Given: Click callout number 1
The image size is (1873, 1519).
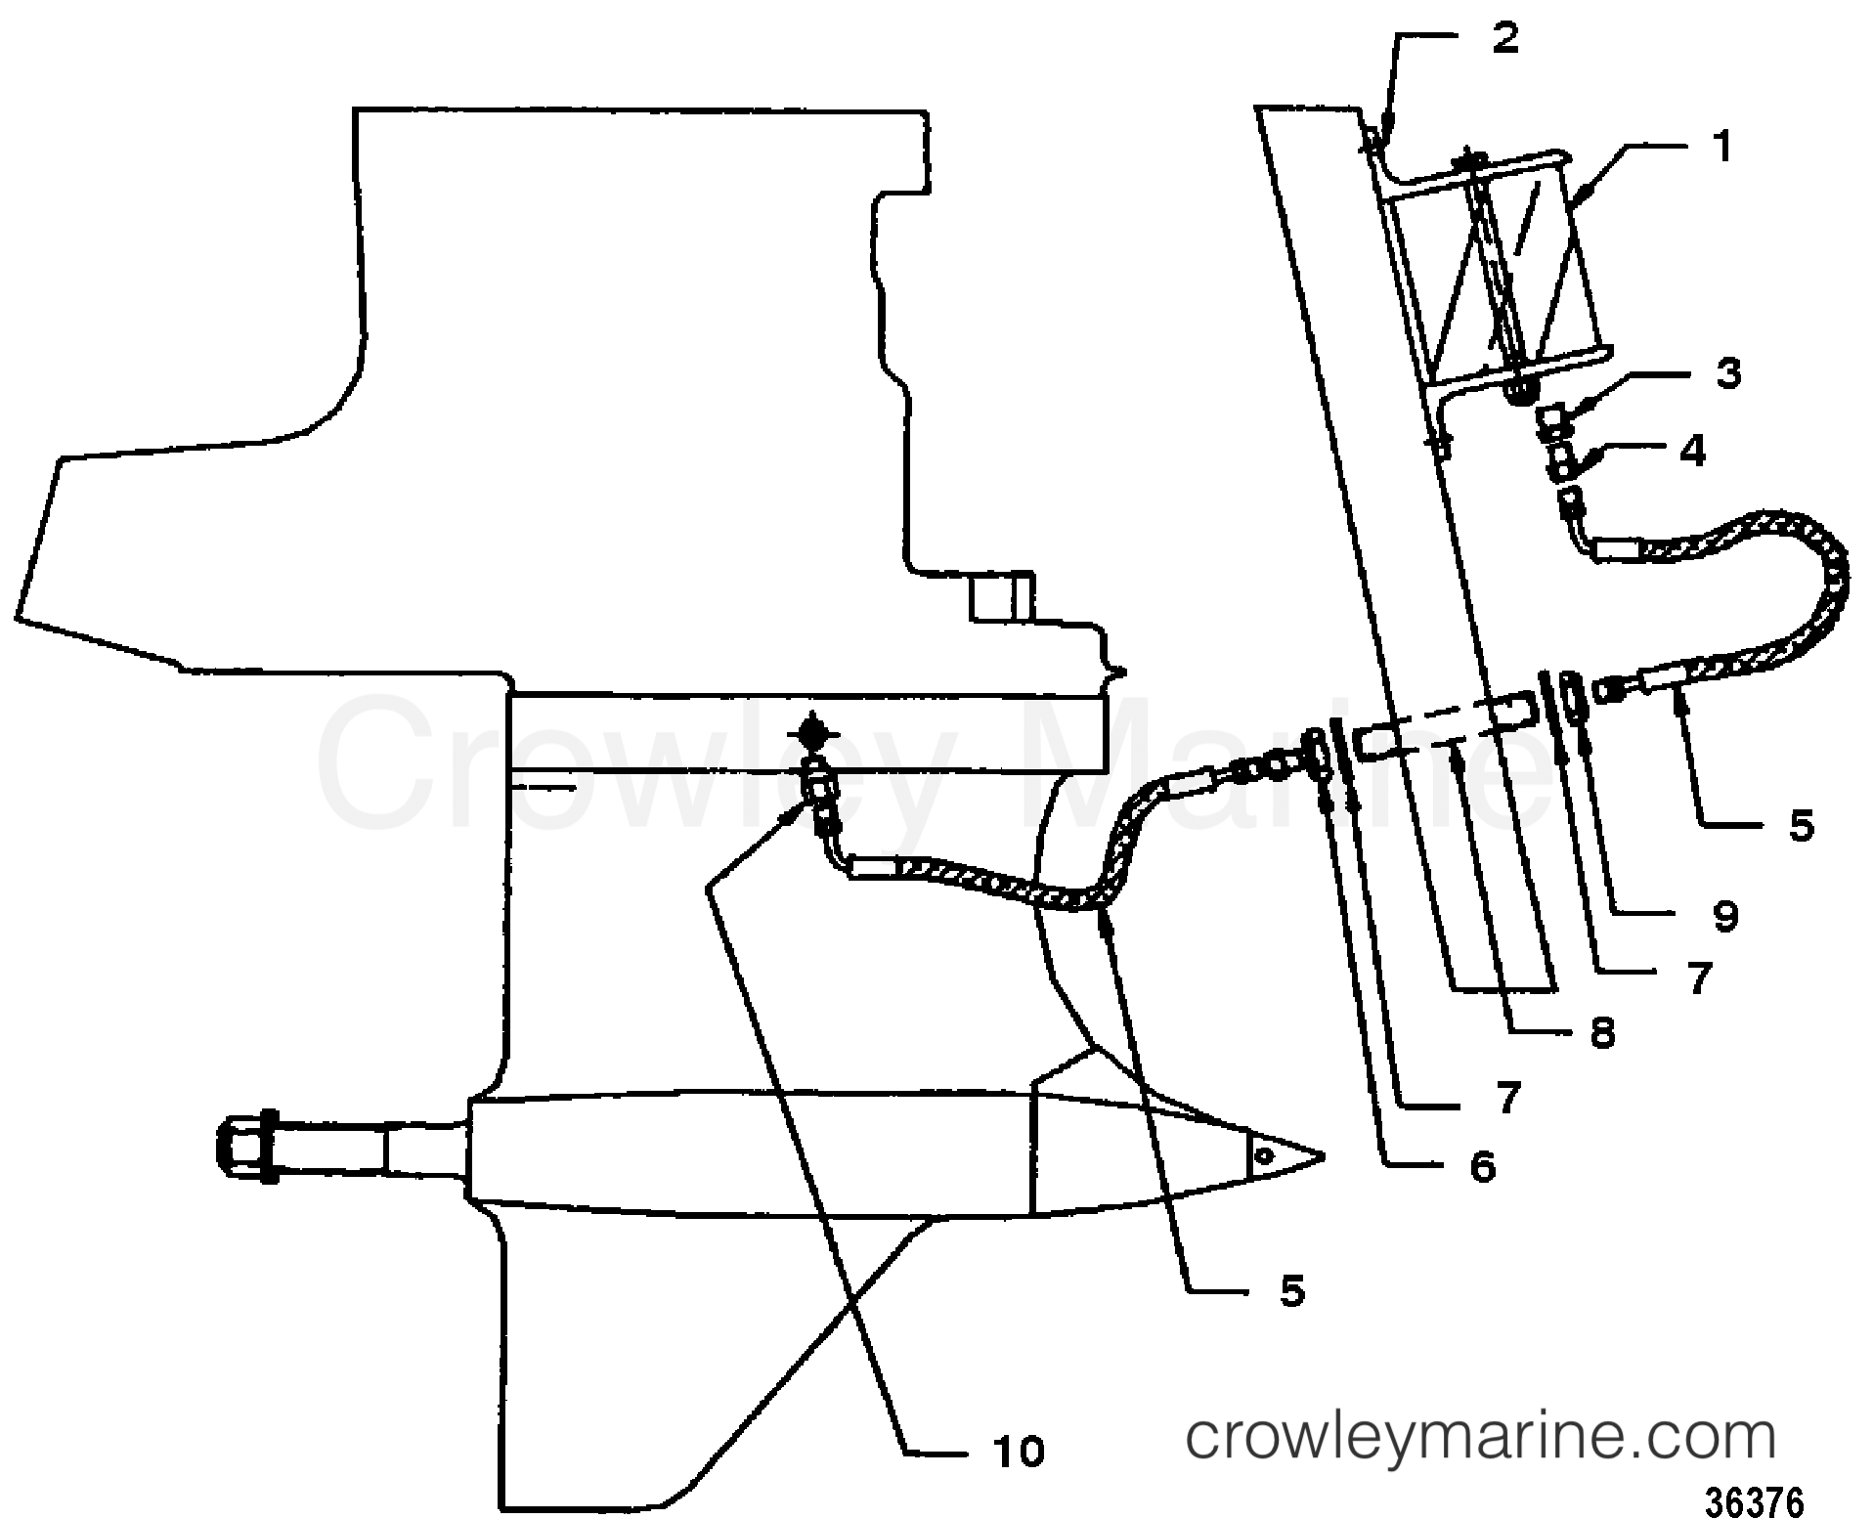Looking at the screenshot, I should point(1722,148).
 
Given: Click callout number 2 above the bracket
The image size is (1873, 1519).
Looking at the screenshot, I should point(1504,38).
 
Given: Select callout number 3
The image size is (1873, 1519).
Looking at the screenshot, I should point(1728,374).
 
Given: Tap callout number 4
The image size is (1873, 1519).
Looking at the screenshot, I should point(1692,452).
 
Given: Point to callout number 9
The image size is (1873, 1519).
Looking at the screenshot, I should point(1725,916).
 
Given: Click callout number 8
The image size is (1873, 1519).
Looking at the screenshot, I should point(1601,1034).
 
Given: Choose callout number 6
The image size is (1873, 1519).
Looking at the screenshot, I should point(1482,1166).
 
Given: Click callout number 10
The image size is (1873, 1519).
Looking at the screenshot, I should point(1020,1452).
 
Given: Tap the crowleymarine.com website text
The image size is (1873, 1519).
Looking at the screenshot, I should point(1480,1437).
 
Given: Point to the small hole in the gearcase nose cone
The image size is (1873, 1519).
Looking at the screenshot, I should point(1264,1155).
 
